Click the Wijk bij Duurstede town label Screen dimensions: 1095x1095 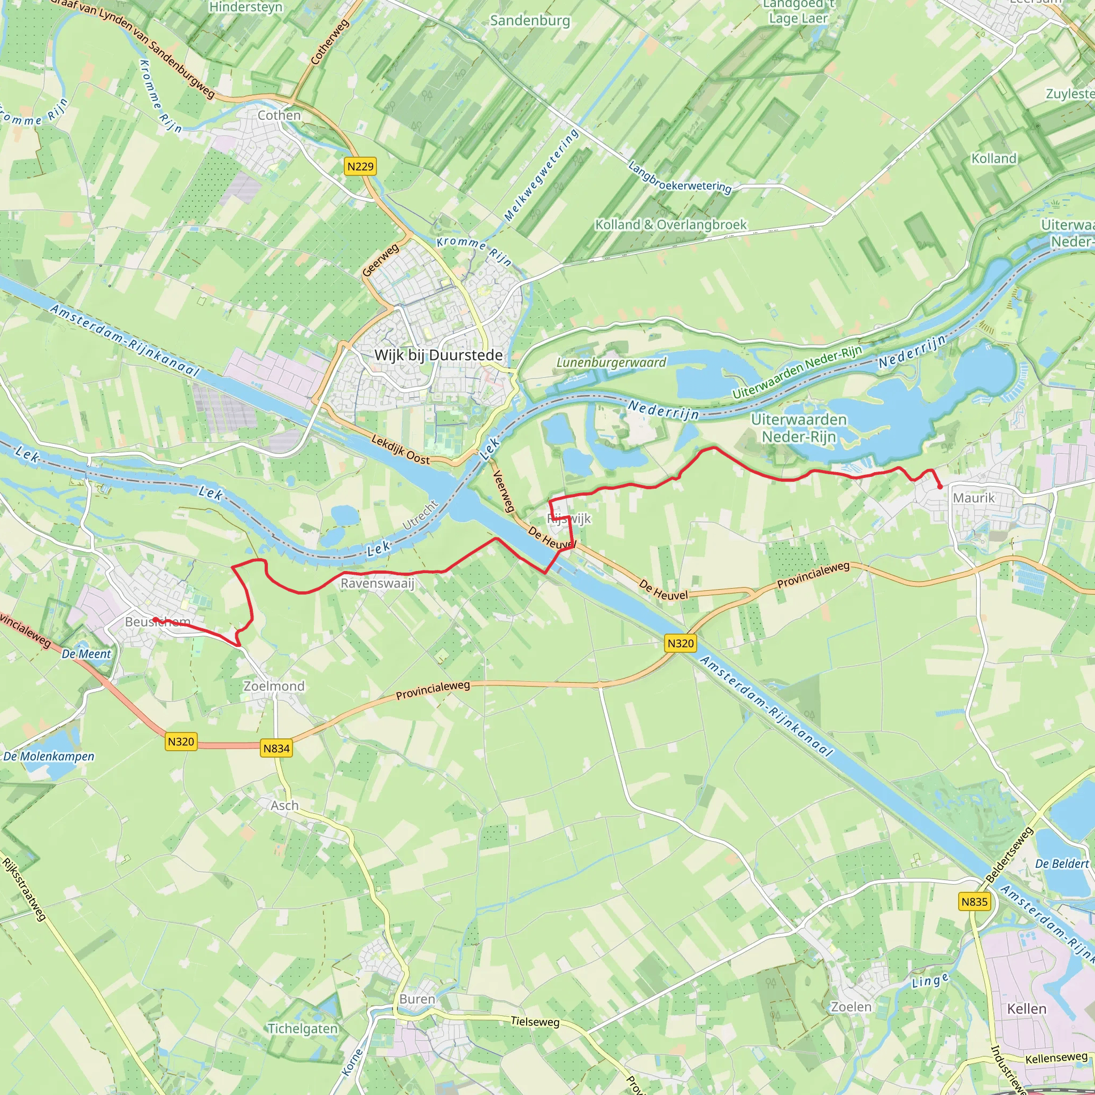pos(438,356)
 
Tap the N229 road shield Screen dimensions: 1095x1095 pos(360,166)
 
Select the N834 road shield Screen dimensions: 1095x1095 pos(276,748)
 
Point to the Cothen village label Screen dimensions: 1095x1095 pos(279,115)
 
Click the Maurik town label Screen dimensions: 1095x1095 pos(974,498)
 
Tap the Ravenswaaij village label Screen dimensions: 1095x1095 pos(377,583)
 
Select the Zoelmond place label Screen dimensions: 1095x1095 pos(274,686)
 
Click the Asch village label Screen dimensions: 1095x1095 pos(284,805)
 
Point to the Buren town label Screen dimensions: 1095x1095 pos(417,999)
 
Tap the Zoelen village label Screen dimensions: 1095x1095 pos(851,1007)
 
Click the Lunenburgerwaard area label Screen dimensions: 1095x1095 pos(611,362)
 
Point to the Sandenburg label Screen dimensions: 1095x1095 pos(530,21)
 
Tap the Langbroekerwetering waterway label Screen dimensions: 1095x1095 pos(680,178)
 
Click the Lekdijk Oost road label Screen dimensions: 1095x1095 pos(400,450)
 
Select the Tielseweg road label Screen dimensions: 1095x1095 pos(535,1021)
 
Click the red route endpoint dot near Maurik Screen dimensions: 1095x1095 pos(940,487)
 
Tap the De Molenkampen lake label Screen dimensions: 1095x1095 pos(49,756)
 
